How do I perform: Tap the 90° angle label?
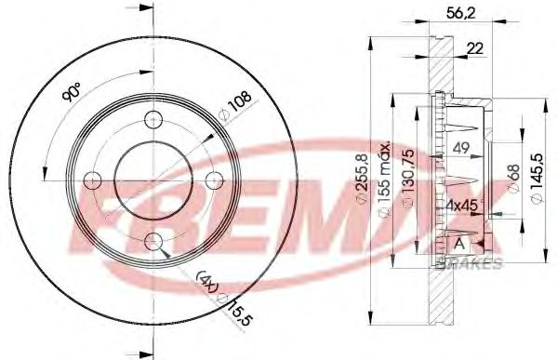[73, 94]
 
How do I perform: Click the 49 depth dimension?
[460, 146]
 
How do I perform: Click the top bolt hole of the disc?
[154, 119]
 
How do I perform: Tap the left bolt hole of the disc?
[93, 180]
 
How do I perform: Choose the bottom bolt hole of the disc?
[154, 243]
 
